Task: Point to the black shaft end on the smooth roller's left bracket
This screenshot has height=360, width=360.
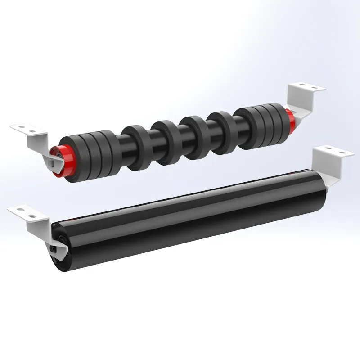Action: click(55, 247)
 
